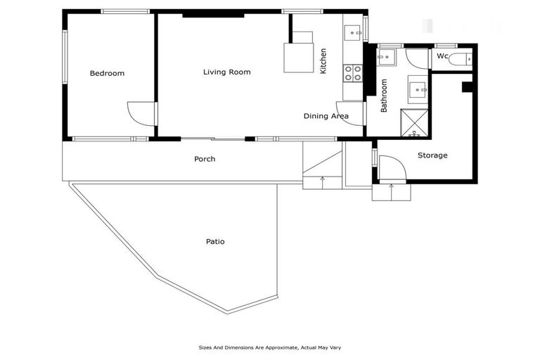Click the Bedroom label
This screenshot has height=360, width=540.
107,73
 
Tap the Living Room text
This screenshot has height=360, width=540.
226,72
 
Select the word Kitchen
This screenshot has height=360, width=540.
323,61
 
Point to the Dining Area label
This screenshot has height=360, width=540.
326,116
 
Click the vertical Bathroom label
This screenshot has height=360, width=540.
385,96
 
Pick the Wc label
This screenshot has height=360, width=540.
442,56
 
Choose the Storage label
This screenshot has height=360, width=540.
432,155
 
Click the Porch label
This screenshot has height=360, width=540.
205,159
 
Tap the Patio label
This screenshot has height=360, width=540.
215,241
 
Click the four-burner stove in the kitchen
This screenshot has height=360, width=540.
352,72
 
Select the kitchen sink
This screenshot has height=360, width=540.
352,32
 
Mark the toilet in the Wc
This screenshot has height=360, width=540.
461,59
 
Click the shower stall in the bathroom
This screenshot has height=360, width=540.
414,122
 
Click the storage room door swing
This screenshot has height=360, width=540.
392,168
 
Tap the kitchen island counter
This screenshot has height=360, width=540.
297,57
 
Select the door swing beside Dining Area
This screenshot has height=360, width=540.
351,113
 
